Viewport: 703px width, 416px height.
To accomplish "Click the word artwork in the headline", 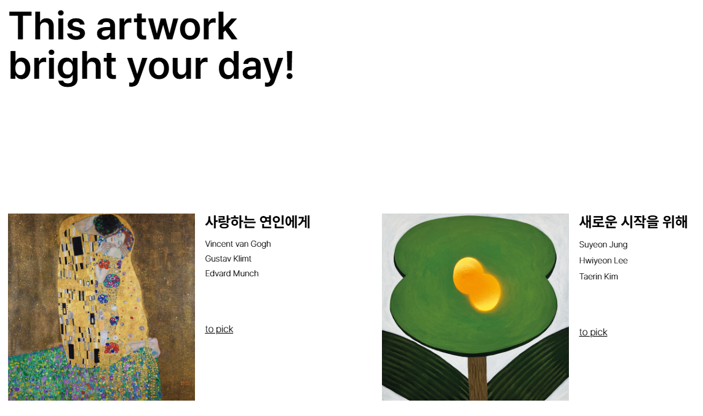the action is [x=167, y=26].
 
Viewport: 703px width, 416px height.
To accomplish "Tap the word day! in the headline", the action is [x=256, y=65].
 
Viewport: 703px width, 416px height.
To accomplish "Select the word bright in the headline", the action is [x=63, y=67].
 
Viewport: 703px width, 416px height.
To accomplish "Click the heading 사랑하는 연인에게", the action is [x=257, y=222].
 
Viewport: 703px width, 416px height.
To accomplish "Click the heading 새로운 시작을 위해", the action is [x=633, y=222].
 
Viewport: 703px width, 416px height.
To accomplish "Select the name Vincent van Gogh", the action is [x=238, y=244].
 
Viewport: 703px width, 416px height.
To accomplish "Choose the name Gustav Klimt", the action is [x=228, y=259].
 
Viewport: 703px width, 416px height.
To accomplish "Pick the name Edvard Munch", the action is [x=232, y=274].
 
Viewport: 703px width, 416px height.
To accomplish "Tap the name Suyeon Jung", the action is [x=603, y=245].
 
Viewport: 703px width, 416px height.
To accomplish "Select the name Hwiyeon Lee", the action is [x=603, y=261].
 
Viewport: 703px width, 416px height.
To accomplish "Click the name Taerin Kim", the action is [x=598, y=276].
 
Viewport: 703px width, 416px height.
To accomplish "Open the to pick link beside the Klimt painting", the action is [x=219, y=329].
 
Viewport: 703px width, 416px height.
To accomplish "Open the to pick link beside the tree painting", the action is [x=593, y=332].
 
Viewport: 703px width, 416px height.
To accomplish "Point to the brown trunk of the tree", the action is [x=477, y=377].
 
